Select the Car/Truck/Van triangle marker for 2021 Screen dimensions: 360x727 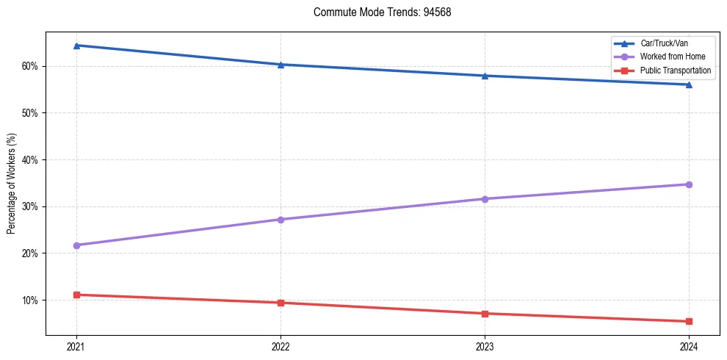click(x=76, y=46)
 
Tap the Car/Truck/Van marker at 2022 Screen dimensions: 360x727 click(x=281, y=65)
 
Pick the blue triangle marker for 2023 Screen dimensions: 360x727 click(x=485, y=76)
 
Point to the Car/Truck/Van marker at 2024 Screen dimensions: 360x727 click(x=689, y=84)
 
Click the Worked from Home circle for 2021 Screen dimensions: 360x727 click(x=76, y=245)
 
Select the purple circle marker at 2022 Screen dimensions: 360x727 click(x=281, y=220)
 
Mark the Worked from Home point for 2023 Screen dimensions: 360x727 click(x=485, y=199)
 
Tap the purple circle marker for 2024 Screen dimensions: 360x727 click(x=689, y=184)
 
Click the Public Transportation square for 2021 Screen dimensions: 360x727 click(x=76, y=295)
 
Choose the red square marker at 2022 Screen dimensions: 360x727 click(x=281, y=303)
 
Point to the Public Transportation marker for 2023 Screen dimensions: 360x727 click(x=485, y=314)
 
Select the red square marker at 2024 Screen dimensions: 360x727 click(x=689, y=321)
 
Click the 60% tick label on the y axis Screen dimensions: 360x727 click(x=29, y=66)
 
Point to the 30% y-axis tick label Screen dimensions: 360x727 click(x=29, y=206)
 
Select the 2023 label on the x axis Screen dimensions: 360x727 click(x=485, y=345)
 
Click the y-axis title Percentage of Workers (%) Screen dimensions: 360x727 click(x=11, y=184)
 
